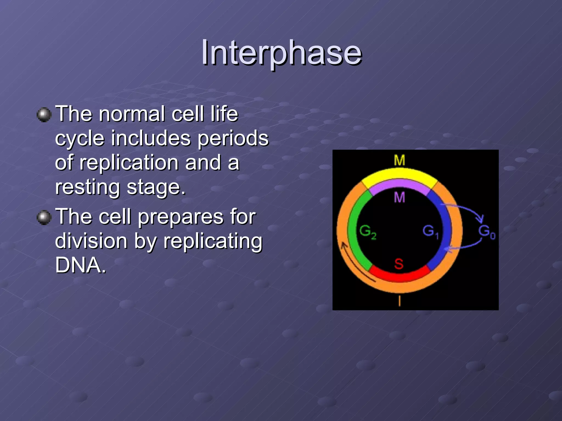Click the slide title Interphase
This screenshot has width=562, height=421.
(281, 53)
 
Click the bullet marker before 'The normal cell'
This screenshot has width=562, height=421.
(44, 114)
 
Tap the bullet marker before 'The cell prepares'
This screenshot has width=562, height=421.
(44, 217)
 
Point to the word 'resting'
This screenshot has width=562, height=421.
(88, 187)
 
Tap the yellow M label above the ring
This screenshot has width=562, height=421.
(399, 160)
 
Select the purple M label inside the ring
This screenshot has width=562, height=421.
(399, 197)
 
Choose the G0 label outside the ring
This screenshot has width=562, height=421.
(487, 232)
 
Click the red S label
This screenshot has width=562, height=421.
(399, 264)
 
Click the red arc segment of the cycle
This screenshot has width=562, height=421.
(400, 277)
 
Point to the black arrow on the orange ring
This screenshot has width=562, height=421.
(354, 263)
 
